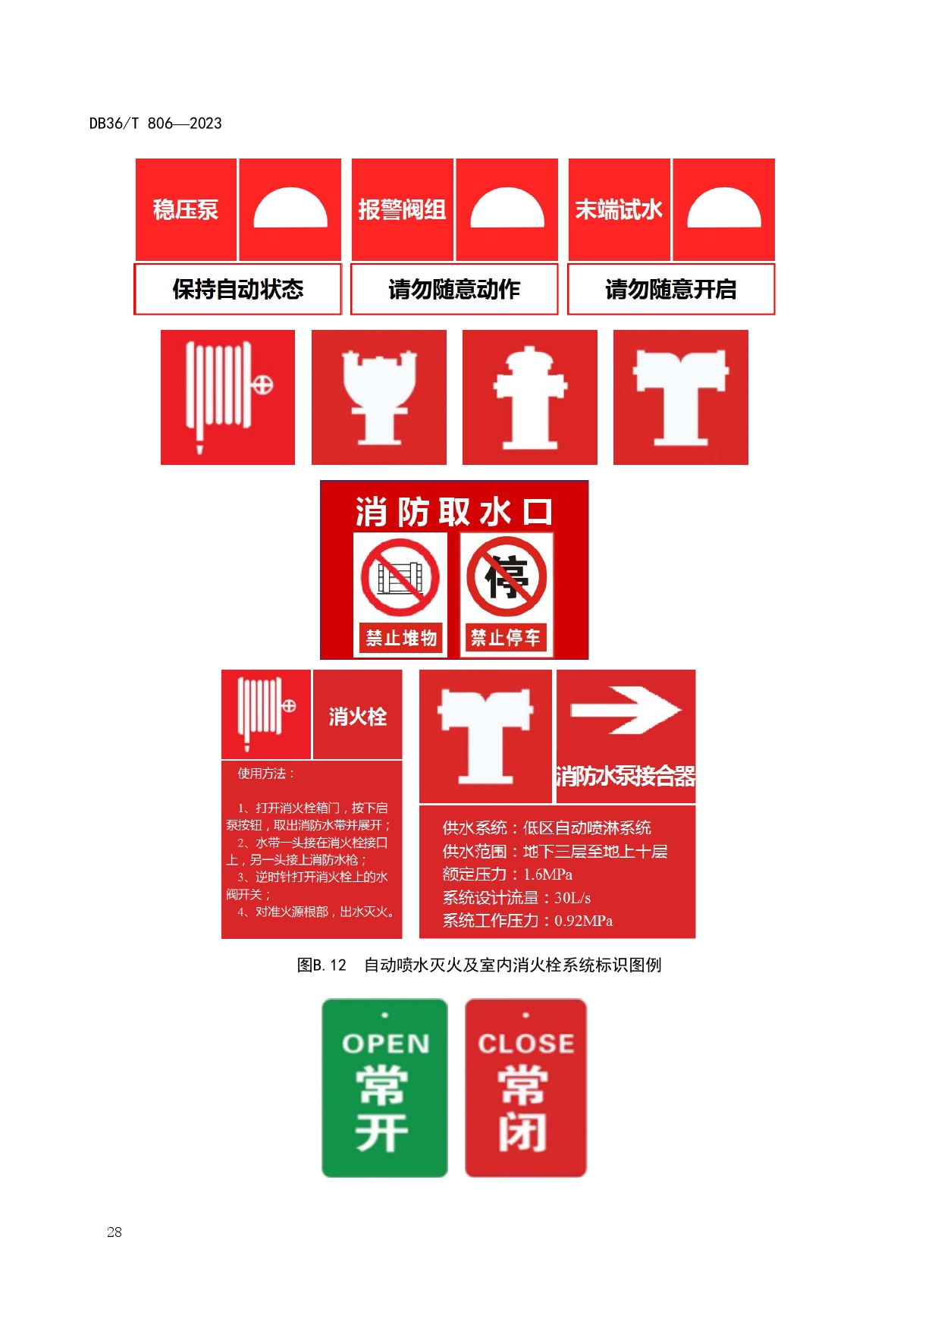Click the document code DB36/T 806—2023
155,123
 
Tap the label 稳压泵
186,209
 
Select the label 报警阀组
402,209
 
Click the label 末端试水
619,209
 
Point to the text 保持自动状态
238,289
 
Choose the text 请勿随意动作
454,289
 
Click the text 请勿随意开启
671,289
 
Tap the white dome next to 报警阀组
507,208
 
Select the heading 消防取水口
454,512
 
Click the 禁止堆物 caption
401,638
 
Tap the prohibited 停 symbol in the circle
507,576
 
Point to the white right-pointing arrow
626,710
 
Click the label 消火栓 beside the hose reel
358,717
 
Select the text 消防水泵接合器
626,777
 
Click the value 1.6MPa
547,874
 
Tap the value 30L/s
572,898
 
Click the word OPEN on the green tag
385,1044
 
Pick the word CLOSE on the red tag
525,1044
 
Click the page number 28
114,1232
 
